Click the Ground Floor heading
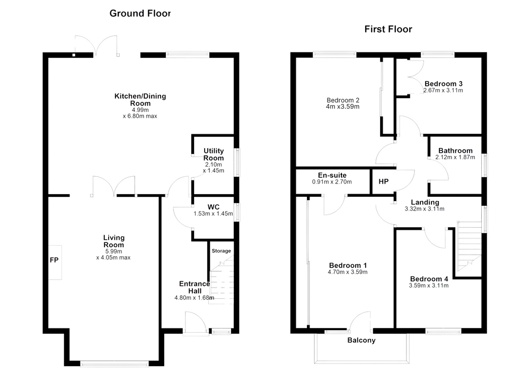click(x=140, y=14)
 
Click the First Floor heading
click(x=388, y=29)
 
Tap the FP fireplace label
click(x=54, y=260)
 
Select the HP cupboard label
click(x=384, y=182)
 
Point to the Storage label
click(x=222, y=251)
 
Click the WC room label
click(x=213, y=207)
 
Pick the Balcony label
click(x=361, y=341)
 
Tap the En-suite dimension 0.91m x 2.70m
click(x=332, y=182)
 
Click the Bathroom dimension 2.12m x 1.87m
click(x=455, y=157)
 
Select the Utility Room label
click(x=214, y=154)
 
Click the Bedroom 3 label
click(x=444, y=84)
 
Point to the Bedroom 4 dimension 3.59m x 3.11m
click(x=429, y=286)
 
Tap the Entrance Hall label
click(x=195, y=288)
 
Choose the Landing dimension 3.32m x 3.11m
click(x=425, y=209)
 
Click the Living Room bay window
click(x=114, y=364)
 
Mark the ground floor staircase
click(x=222, y=280)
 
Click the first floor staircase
click(x=469, y=246)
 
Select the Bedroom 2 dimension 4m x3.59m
click(x=342, y=107)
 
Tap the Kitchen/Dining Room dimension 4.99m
click(x=140, y=110)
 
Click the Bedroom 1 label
click(x=348, y=265)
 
